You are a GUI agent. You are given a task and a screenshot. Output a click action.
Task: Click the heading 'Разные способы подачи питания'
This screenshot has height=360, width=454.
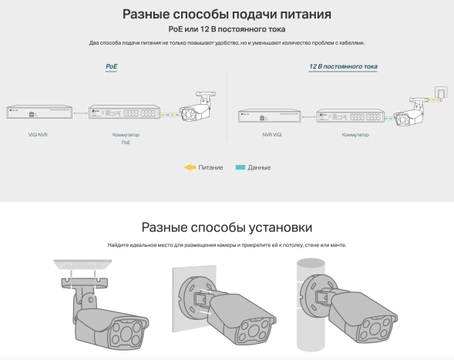tap(227, 14)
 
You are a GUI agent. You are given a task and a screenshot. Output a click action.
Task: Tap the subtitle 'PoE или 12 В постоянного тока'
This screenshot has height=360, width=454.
tap(227, 29)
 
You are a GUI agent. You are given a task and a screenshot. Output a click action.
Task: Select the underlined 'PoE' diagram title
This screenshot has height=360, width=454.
tap(111, 67)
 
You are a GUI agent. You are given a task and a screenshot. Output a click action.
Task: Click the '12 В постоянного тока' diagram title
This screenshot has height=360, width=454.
tap(342, 67)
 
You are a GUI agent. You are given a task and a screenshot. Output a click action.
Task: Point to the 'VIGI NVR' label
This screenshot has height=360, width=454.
tap(38, 134)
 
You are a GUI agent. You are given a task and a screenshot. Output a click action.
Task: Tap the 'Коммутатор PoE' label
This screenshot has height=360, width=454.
tap(115, 138)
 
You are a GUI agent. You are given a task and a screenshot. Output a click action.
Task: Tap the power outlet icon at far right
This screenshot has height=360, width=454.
tap(440, 94)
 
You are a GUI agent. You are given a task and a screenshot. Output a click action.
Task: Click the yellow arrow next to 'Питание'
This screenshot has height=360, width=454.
tap(190, 167)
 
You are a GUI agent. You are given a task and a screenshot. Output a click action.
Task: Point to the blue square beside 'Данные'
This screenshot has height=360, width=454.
tap(240, 167)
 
